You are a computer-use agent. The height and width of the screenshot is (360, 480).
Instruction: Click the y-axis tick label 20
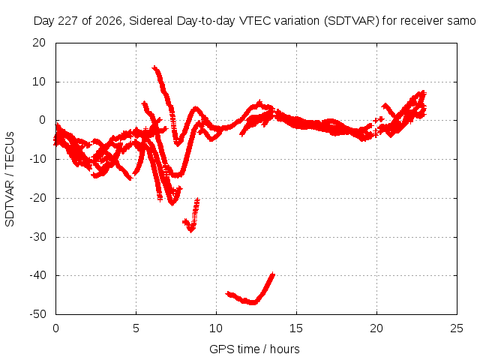(39, 43)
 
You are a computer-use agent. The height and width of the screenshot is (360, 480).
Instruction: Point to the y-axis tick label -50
(37, 314)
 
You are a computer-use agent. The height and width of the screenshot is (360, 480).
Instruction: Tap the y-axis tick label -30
(37, 237)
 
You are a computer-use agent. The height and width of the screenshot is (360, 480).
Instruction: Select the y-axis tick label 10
(39, 82)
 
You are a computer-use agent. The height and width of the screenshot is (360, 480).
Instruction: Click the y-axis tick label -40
(37, 275)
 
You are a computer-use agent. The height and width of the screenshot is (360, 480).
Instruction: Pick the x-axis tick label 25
(457, 328)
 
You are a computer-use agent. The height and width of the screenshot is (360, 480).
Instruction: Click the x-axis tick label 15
(296, 328)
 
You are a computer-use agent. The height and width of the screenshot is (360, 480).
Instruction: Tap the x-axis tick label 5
(136, 328)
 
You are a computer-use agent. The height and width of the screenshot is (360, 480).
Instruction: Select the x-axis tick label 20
(376, 328)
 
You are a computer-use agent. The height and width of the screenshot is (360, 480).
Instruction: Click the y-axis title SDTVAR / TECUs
(10, 179)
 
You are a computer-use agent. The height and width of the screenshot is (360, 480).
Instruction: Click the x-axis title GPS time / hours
(254, 349)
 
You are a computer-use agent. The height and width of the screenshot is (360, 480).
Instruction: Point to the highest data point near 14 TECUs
(154, 67)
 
